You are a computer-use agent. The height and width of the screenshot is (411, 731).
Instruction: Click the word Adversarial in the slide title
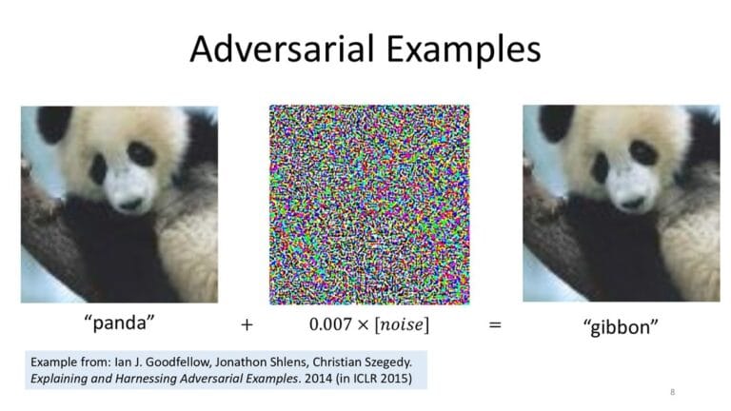click(x=283, y=49)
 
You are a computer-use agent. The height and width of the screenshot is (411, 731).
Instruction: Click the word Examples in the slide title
click(x=464, y=49)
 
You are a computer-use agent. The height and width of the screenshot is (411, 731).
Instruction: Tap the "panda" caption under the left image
click(x=119, y=323)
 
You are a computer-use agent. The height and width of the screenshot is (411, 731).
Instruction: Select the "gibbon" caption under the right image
click(x=621, y=326)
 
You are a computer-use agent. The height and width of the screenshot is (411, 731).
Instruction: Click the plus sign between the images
click(x=247, y=324)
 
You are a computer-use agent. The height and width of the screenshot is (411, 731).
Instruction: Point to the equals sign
click(x=495, y=324)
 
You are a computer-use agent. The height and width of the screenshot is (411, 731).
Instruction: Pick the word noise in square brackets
click(x=402, y=324)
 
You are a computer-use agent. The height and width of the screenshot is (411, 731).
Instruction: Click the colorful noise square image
click(x=369, y=205)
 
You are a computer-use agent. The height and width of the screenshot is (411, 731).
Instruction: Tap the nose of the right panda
click(x=633, y=203)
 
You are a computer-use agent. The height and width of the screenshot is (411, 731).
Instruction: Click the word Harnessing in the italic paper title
click(x=146, y=379)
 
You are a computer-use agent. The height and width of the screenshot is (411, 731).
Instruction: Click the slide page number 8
click(x=672, y=392)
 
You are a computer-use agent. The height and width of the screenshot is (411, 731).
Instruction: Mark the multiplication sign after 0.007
click(x=364, y=324)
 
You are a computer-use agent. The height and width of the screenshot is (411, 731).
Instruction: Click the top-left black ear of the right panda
click(x=555, y=121)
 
